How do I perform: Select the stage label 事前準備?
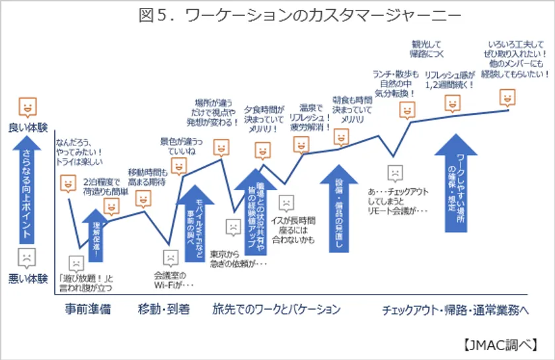(88, 309)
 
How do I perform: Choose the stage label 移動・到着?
(164, 309)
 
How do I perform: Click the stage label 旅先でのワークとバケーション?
(276, 309)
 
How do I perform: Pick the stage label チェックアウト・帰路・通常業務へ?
(455, 309)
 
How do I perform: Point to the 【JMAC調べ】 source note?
(506, 344)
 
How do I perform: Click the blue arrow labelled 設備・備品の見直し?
(339, 211)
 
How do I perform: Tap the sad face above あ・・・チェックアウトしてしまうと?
(394, 172)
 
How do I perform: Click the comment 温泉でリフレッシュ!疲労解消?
(309, 117)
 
